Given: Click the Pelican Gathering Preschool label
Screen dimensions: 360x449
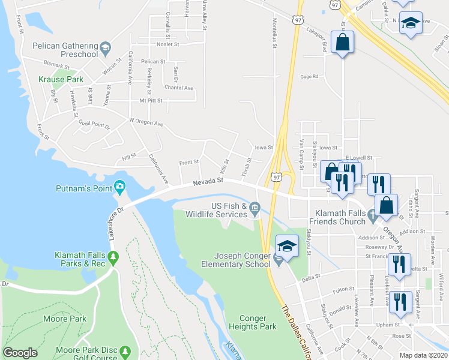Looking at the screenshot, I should tap(58, 50).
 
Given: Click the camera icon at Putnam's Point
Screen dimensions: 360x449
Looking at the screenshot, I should tap(120, 187).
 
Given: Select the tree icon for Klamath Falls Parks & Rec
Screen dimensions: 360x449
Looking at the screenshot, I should tap(114, 258).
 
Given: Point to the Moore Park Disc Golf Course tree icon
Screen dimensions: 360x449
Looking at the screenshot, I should tap(125, 350).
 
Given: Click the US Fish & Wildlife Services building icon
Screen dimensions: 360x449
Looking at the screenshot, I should tap(255, 209).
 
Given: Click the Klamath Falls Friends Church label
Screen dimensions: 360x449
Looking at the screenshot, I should tap(337, 217).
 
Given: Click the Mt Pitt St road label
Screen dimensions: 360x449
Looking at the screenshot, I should tap(151, 101).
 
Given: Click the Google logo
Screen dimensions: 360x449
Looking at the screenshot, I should tap(20, 353).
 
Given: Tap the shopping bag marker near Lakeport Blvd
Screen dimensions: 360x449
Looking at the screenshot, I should tap(342, 43).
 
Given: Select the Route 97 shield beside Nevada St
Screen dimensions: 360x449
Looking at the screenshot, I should tap(276, 177).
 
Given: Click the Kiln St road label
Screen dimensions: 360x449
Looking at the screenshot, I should tap(225, 163).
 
